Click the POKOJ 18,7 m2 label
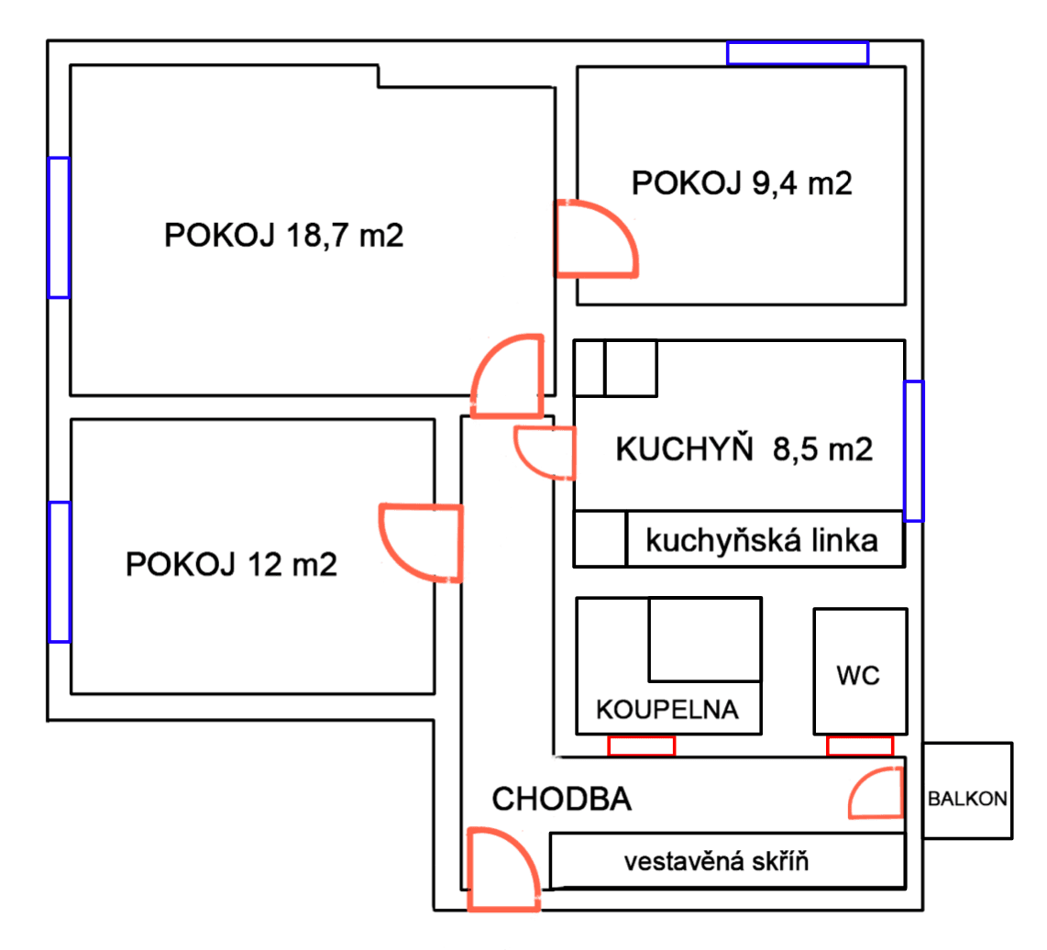[284, 236]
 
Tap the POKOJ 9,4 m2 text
[742, 184]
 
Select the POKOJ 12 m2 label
[231, 563]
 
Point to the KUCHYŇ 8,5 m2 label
[744, 449]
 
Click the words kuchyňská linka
[762, 541]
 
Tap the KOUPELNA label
[667, 710]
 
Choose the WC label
[858, 677]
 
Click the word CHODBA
[562, 799]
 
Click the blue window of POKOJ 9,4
[797, 53]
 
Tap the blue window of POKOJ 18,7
[59, 227]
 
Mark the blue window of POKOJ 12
[59, 571]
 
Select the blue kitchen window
[914, 450]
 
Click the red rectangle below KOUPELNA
[641, 746]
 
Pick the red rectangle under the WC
[859, 746]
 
